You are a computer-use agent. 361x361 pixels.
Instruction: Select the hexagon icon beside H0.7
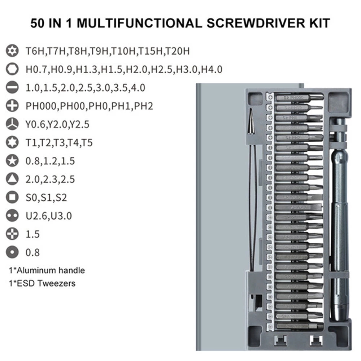point(13,69)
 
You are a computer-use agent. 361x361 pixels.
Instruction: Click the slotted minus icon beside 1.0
point(13,88)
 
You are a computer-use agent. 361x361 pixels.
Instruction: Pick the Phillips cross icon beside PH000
point(13,106)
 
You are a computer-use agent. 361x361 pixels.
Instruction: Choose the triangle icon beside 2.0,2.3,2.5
point(13,179)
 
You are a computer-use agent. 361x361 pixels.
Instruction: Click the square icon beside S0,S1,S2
point(13,197)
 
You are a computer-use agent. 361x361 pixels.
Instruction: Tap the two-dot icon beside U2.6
point(13,216)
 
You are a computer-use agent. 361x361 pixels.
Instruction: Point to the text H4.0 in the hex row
point(211,69)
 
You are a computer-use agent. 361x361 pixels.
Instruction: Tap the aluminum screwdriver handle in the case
point(339,217)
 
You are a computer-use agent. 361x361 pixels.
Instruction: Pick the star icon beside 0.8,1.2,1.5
point(13,161)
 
